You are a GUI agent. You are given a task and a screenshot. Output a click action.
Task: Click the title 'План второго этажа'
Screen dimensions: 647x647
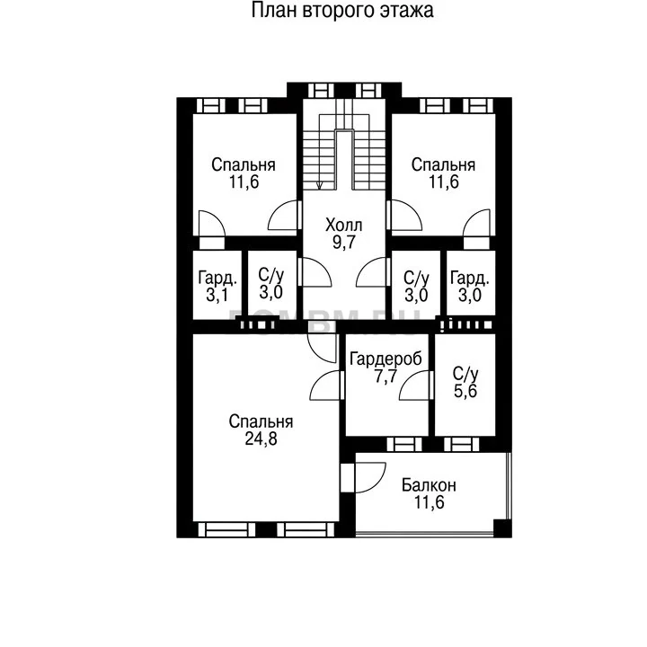click(342, 11)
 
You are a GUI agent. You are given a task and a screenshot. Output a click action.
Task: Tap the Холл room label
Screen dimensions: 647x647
click(343, 226)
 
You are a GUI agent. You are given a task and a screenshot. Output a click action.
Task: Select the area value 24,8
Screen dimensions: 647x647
click(261, 439)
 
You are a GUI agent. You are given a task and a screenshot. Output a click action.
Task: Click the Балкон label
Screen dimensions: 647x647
click(429, 485)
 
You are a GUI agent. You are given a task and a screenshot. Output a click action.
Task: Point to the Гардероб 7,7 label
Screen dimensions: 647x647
click(386, 368)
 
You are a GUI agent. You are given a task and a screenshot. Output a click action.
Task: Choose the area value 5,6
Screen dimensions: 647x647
click(465, 391)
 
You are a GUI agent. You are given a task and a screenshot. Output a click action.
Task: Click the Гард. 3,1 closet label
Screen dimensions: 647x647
click(217, 287)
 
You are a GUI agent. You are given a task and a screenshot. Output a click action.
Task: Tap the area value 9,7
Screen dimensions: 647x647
click(343, 243)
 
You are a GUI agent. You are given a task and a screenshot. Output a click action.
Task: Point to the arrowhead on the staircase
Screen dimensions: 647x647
click(319, 185)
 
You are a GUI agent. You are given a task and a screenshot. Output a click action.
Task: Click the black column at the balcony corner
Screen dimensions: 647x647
click(502, 528)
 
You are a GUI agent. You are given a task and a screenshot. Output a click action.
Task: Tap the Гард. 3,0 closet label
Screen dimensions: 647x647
click(470, 287)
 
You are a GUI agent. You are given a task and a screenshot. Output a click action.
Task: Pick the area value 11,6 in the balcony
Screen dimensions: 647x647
click(430, 502)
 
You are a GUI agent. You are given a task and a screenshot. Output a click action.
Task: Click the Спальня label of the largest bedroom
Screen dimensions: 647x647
click(261, 421)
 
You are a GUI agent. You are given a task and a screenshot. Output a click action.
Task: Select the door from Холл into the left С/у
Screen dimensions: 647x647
click(315, 272)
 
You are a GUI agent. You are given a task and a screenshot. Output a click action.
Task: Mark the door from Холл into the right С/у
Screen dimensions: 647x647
click(373, 272)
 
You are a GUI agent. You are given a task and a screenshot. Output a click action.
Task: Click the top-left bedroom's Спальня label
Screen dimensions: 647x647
click(244, 165)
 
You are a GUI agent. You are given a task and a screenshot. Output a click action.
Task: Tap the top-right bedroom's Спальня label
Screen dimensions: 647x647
click(443, 165)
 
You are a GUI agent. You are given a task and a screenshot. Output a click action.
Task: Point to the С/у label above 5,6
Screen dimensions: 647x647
click(465, 374)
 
